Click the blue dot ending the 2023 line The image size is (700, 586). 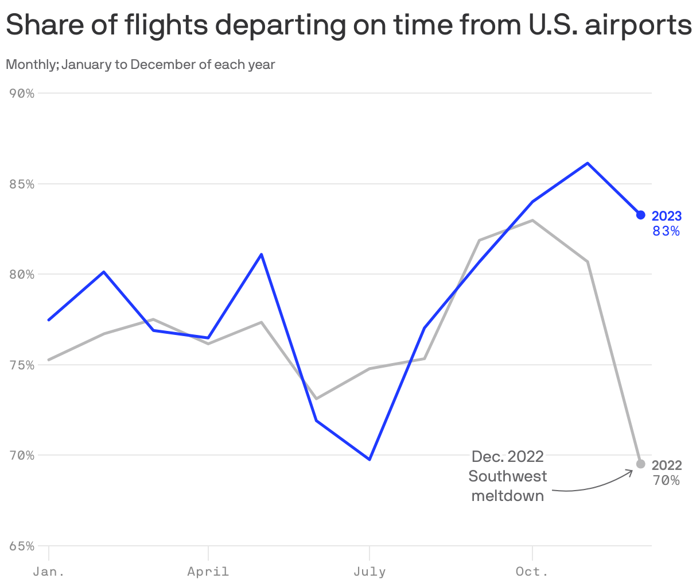click(x=641, y=215)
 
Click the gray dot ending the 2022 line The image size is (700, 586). click(x=641, y=464)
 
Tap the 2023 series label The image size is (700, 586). click(x=667, y=216)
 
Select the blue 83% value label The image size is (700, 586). click(x=666, y=231)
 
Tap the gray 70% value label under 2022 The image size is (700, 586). click(x=666, y=480)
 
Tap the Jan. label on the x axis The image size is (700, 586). click(x=49, y=572)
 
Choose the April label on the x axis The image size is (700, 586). click(x=208, y=572)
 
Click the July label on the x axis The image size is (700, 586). click(x=370, y=572)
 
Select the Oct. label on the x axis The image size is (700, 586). click(x=532, y=572)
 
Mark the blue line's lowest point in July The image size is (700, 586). click(x=370, y=460)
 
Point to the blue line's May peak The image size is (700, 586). click(x=262, y=254)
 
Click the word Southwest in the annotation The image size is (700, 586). click(x=508, y=476)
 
